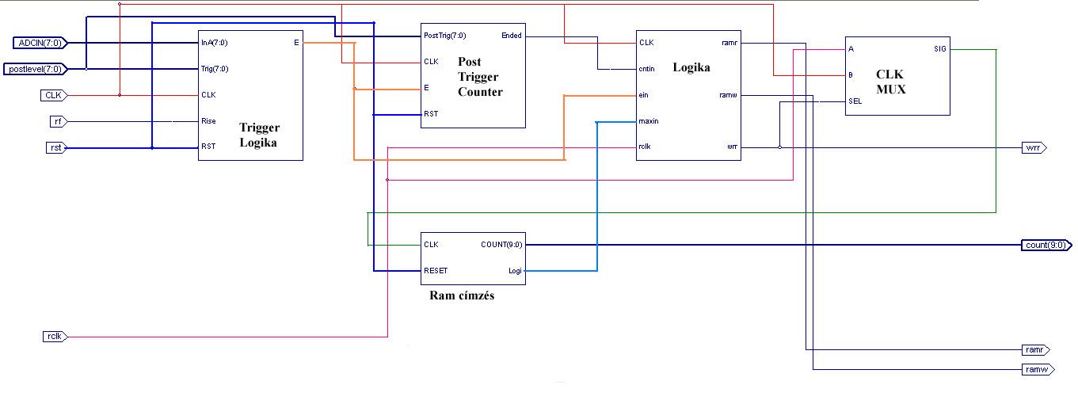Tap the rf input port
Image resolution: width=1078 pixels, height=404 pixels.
[58, 121]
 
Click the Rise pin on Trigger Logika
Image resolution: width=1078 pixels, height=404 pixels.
[209, 121]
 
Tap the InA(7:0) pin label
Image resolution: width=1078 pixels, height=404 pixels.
[215, 42]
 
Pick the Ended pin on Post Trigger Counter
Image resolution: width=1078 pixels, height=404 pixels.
[512, 36]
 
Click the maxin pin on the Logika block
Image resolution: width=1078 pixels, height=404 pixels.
[649, 121]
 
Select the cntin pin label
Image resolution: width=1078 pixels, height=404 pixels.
[646, 69]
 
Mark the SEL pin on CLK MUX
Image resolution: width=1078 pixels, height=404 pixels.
[855, 101]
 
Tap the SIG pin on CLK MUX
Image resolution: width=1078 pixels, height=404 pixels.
[940, 49]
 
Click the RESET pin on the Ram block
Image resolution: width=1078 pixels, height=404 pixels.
[436, 271]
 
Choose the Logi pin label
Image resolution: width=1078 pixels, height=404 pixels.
[515, 271]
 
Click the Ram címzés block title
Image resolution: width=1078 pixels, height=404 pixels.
[462, 296]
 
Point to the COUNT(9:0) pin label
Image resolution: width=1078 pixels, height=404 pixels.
[501, 245]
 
